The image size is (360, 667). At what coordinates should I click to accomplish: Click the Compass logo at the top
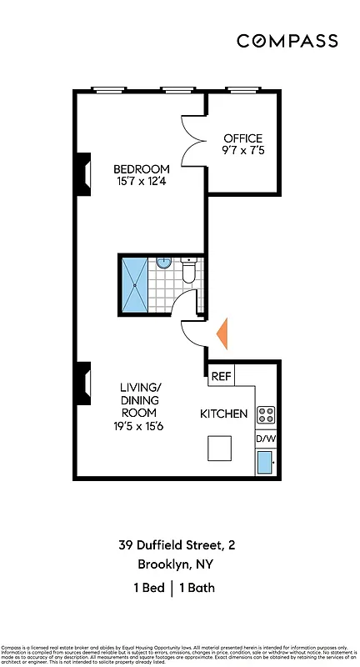coord(287,41)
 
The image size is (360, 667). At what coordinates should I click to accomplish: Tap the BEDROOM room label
coord(142,168)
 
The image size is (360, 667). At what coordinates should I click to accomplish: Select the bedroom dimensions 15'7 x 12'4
coord(142,183)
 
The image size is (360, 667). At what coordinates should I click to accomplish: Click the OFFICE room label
coord(242,138)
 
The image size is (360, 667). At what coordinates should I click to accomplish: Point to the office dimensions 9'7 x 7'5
coord(242,152)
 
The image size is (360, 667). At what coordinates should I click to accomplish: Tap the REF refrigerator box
coord(221,376)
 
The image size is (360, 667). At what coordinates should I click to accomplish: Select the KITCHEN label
coord(223,414)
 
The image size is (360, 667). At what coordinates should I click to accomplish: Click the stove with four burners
coord(266,414)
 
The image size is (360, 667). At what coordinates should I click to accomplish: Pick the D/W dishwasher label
coord(265,439)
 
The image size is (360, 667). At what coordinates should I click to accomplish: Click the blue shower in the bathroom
coord(134,285)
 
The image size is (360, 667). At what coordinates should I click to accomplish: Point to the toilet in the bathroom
coord(187,270)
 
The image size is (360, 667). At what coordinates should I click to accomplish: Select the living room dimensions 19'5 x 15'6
coord(139,426)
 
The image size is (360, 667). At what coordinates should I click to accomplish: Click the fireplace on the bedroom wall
coord(83,174)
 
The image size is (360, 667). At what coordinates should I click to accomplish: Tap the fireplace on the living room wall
coord(83,383)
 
